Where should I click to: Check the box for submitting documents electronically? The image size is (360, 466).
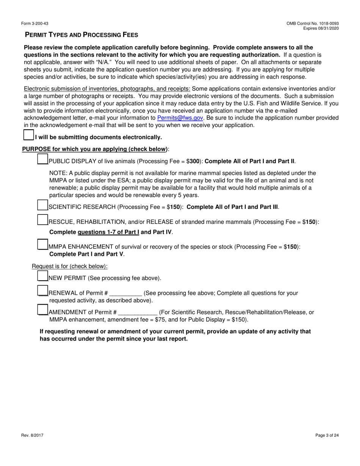point(29,135)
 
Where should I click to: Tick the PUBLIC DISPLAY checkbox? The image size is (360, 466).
point(43,159)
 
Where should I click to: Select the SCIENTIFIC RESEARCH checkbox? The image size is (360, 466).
point(43,205)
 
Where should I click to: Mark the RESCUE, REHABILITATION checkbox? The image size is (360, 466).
point(43,220)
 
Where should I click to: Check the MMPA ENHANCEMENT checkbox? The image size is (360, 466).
point(43,244)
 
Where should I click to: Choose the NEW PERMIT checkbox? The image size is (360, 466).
point(43,276)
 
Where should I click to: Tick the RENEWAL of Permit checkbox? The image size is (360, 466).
point(43,291)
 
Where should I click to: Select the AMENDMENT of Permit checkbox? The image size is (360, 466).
point(43,310)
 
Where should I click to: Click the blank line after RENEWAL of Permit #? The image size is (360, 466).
point(125,294)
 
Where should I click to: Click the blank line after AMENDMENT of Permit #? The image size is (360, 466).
point(138,313)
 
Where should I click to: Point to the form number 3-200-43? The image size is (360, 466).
point(35,23)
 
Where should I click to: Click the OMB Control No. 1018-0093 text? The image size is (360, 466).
point(313,23)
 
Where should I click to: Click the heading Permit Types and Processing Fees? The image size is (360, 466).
point(81,35)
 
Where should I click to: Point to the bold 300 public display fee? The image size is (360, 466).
point(195,161)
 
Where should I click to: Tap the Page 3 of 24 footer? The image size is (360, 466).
point(327,435)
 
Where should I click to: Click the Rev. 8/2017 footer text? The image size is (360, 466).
point(32,435)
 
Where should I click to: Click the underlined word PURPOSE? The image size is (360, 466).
point(36,149)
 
